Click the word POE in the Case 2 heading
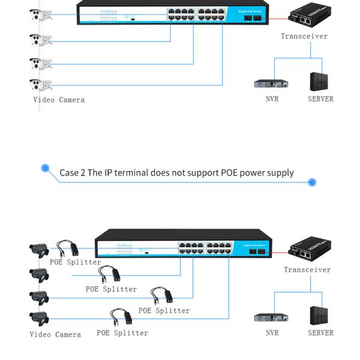click(230, 173)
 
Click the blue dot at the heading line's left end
click(45, 168)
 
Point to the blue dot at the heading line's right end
click(311, 182)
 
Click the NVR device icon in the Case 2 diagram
click(271, 317)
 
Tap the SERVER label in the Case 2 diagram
click(320, 332)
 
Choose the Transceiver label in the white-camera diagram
click(304, 36)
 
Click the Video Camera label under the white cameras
click(58, 100)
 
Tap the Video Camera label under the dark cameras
click(55, 334)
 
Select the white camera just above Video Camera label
click(40, 84)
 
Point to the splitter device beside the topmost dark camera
click(68, 248)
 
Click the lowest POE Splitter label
click(122, 332)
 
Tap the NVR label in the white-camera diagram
click(272, 98)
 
